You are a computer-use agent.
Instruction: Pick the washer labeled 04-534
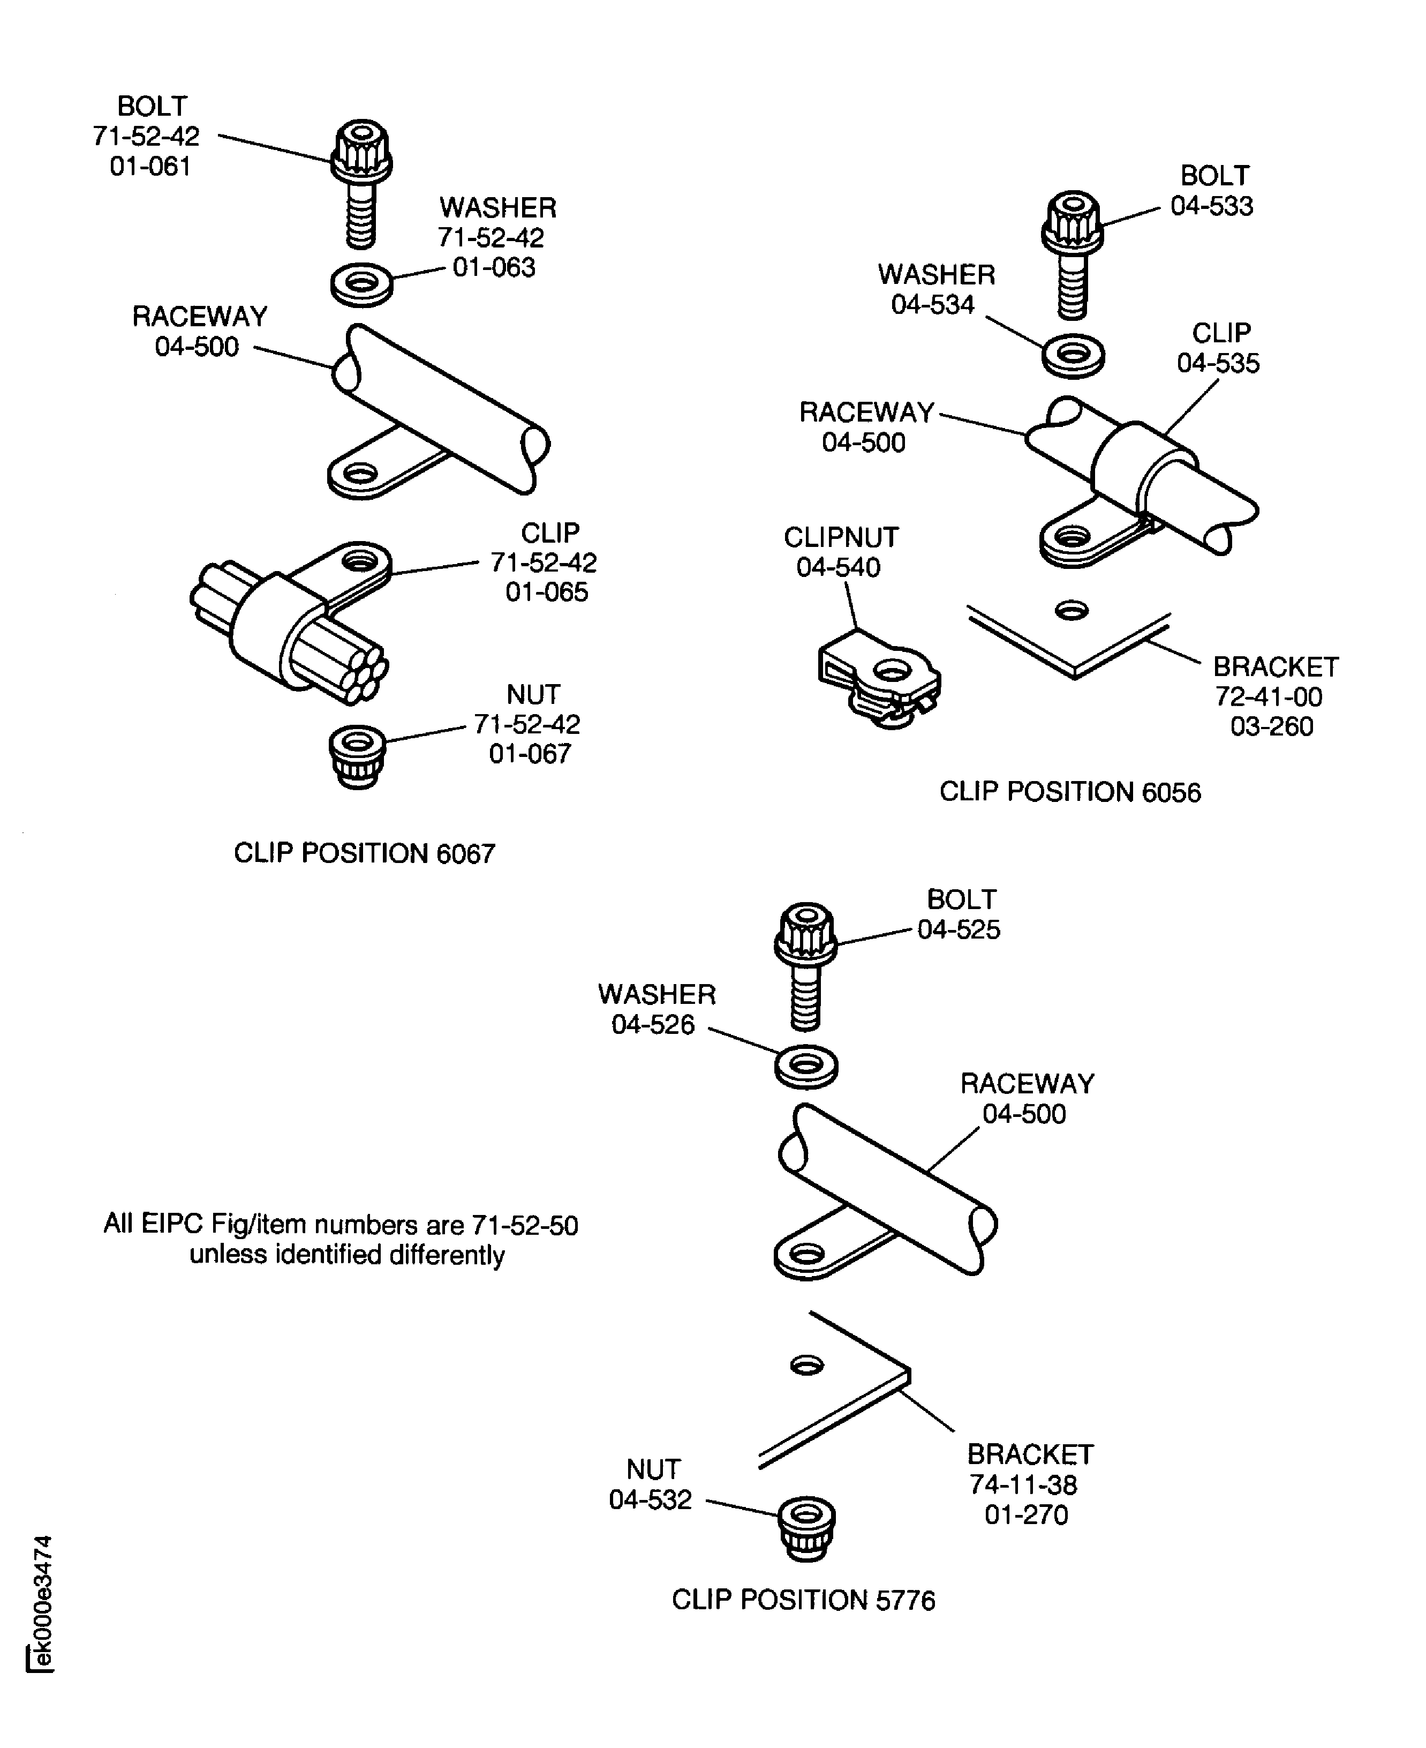[1073, 356]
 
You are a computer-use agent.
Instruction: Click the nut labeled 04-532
[806, 1527]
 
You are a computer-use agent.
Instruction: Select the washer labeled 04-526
[806, 1067]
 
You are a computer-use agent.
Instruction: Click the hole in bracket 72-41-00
[1072, 610]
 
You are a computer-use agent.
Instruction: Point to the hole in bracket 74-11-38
[806, 1365]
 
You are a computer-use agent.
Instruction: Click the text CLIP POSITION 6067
[364, 853]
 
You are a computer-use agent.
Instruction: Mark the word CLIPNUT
[841, 537]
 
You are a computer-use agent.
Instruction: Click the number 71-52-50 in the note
[525, 1225]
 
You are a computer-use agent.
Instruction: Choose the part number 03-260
[1272, 726]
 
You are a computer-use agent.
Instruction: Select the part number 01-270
[1026, 1514]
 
